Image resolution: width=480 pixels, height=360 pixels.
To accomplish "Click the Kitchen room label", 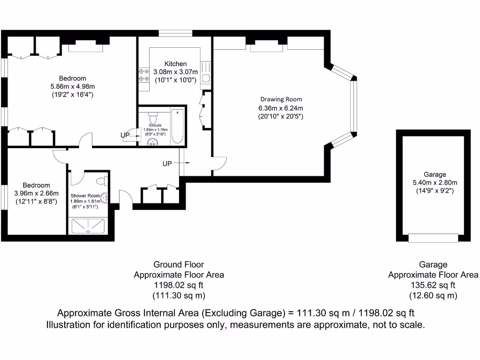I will point(175,64).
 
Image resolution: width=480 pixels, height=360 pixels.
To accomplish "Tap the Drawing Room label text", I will point(281,99).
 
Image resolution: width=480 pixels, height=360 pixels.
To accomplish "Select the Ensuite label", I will point(155,126).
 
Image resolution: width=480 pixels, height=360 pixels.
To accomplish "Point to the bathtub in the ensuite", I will point(178,126).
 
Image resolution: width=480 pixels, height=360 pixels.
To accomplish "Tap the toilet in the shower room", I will point(101,181).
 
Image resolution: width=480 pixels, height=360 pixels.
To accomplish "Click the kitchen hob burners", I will point(143,75).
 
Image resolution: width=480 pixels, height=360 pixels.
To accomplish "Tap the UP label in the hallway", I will point(167,164).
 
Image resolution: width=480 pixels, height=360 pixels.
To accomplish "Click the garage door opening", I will point(433,238).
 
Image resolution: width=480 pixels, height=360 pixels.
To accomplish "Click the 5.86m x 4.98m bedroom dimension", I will point(73,86).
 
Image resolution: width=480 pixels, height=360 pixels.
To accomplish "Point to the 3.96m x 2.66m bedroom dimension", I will point(36,193).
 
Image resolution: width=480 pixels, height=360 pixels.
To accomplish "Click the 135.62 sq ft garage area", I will point(433,285).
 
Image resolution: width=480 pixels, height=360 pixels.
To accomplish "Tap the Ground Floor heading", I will point(179,264).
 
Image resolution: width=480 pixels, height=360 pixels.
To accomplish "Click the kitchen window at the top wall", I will point(175,33).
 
